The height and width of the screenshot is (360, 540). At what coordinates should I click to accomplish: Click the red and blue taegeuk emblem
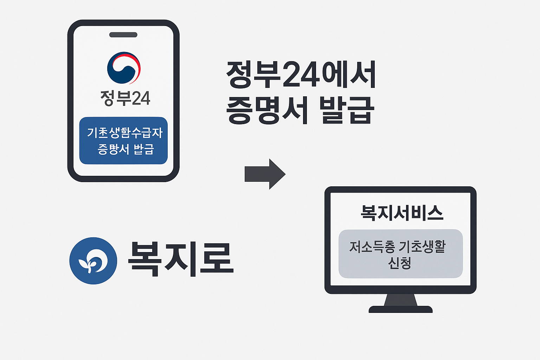point(124,68)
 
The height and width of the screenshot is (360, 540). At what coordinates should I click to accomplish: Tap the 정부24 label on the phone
point(125,98)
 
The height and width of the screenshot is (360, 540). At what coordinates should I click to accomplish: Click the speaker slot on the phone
point(123,35)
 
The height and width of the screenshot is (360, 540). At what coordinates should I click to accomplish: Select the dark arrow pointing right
point(265,174)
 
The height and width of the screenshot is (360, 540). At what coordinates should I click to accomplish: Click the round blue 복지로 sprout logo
point(93,261)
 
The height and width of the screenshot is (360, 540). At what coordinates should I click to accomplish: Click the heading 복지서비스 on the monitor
point(402,212)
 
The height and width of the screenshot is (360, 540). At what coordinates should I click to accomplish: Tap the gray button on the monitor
point(400,253)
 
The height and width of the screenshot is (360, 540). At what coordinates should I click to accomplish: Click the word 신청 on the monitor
point(400,263)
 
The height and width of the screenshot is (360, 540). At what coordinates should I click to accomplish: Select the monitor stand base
point(400,309)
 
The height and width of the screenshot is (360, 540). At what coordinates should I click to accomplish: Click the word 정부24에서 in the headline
point(301,75)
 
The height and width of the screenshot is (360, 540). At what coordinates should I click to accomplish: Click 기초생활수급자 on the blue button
point(125,133)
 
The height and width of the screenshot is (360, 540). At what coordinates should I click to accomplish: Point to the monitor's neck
point(400,300)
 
